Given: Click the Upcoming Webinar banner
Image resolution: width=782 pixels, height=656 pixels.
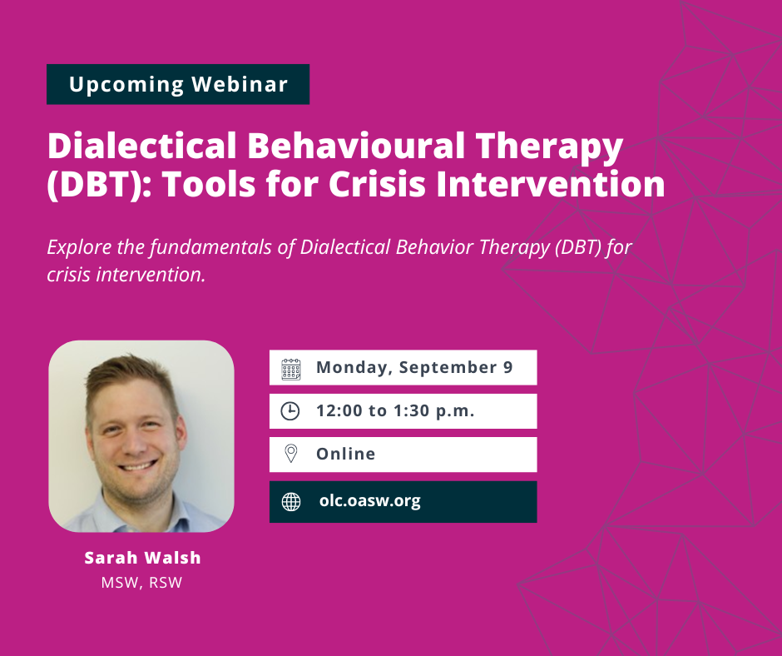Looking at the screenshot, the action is pyautogui.click(x=178, y=84).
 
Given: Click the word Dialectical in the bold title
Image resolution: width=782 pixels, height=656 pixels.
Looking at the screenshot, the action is pyautogui.click(x=141, y=146).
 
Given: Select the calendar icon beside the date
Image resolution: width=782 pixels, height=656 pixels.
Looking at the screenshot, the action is pyautogui.click(x=291, y=369).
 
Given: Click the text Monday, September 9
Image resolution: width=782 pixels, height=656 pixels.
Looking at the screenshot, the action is pyautogui.click(x=414, y=368).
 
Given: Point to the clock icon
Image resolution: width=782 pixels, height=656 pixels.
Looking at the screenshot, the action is pyautogui.click(x=290, y=411).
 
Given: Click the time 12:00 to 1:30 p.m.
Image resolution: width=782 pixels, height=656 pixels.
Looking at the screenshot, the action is pyautogui.click(x=395, y=411).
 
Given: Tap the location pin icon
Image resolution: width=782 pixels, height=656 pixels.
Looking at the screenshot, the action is pyautogui.click(x=291, y=454).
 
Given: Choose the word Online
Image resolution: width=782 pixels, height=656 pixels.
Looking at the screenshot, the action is pyautogui.click(x=345, y=454).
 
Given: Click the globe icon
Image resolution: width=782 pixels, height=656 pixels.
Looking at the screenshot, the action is pyautogui.click(x=291, y=502).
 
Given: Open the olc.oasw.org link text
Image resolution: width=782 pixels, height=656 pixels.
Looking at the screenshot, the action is pyautogui.click(x=370, y=500).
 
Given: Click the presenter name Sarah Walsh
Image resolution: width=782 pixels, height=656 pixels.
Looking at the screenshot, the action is pyautogui.click(x=142, y=558).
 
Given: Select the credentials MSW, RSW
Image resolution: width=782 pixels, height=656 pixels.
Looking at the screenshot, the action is pyautogui.click(x=141, y=583).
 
